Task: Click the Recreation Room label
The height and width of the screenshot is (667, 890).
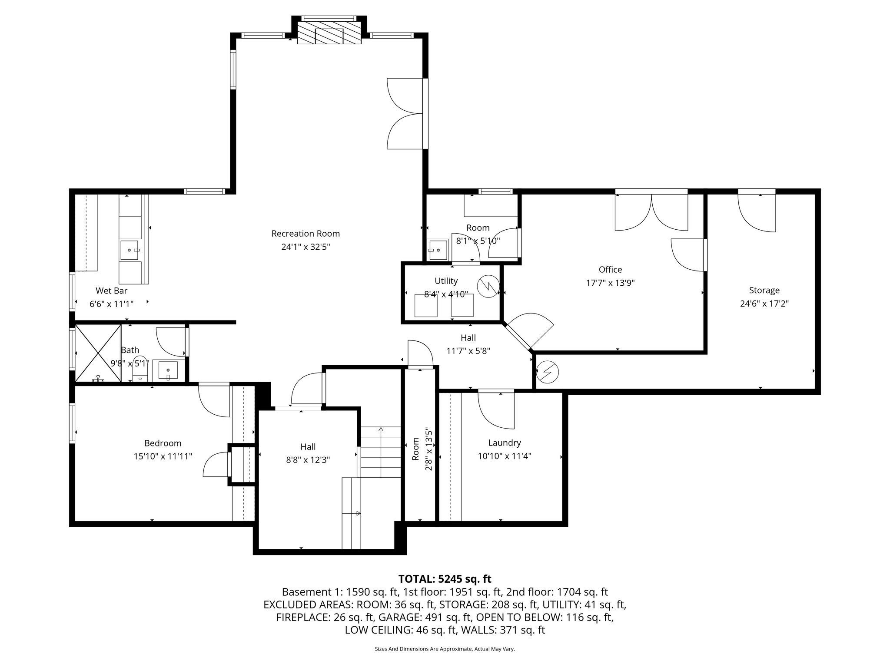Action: click(306, 234)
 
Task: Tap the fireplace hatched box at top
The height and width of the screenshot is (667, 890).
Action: click(329, 33)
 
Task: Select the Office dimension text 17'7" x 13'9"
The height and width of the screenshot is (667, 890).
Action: click(610, 283)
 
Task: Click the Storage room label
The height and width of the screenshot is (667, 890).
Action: click(764, 290)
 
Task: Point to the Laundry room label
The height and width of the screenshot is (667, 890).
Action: click(504, 442)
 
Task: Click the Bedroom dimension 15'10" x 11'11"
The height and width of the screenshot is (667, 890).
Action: click(163, 456)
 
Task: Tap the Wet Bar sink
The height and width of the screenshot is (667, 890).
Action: click(130, 250)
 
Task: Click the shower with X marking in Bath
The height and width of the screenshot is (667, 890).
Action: click(98, 353)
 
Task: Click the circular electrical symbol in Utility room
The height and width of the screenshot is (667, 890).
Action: click(488, 286)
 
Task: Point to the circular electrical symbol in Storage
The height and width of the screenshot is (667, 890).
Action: click(547, 372)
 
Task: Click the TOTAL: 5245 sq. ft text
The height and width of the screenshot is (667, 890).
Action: click(445, 579)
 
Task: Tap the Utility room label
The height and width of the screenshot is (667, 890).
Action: click(446, 281)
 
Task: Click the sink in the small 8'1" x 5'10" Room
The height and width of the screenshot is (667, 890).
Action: click(438, 250)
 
